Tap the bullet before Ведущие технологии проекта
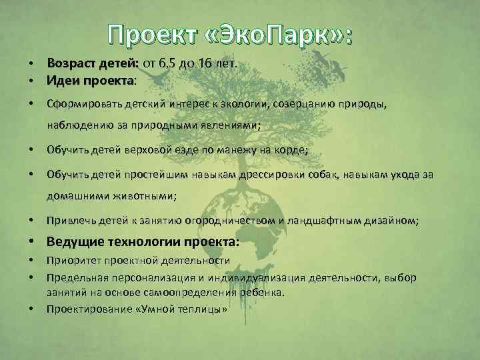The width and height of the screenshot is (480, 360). coord(31,243)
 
